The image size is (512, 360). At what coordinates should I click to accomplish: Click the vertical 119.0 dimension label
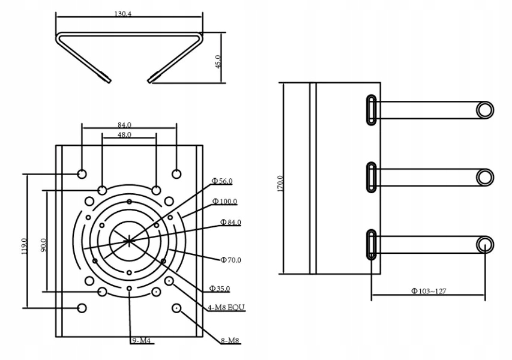pos(24,245)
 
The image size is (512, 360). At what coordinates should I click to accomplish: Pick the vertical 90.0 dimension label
pos(43,245)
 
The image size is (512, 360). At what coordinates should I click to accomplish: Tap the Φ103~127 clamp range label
pos(428,291)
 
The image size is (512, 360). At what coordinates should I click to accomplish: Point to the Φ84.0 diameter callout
pos(230,222)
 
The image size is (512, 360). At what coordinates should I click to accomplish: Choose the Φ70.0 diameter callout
pos(230,260)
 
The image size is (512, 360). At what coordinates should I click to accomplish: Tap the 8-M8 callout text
pos(230,341)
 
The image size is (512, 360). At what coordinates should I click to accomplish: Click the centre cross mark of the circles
pos(129,240)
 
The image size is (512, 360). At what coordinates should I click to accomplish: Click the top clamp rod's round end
pos(485,110)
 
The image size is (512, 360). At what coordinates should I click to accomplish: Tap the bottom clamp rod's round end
pos(485,244)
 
